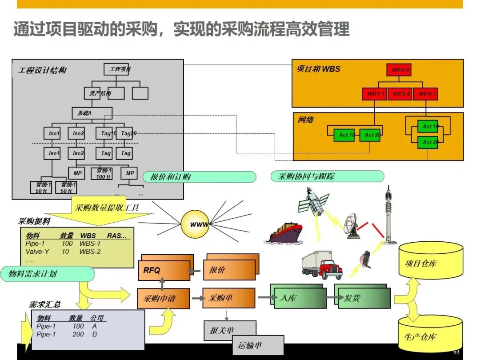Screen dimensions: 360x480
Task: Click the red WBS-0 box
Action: (x=400, y=70)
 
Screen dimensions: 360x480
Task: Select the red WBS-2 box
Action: (x=401, y=94)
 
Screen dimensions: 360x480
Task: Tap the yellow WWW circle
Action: (x=195, y=224)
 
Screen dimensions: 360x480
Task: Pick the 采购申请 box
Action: (x=163, y=299)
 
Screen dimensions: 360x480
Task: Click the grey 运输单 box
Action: (x=257, y=344)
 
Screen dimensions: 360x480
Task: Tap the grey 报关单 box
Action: (x=229, y=330)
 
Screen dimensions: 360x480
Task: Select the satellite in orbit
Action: (x=314, y=202)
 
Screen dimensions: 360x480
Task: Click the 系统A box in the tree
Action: (x=92, y=113)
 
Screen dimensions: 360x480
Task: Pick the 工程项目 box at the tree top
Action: (x=119, y=69)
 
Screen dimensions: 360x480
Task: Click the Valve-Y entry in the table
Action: (x=37, y=252)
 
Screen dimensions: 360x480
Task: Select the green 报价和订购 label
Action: (x=199, y=177)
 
